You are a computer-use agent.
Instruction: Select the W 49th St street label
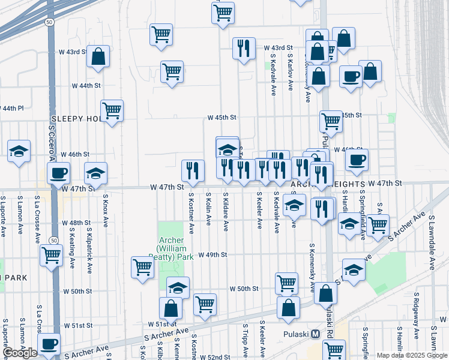click(213, 254)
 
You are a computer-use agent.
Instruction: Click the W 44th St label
click(86, 86)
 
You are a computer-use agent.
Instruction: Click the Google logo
click(20, 353)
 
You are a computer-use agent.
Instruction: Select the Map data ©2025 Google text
click(412, 355)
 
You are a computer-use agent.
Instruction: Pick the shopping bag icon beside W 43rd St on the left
click(98, 57)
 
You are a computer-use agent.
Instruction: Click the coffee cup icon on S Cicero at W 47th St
click(58, 173)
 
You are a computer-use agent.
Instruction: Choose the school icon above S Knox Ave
click(95, 173)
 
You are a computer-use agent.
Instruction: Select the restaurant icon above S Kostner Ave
click(193, 170)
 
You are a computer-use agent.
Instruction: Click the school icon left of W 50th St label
click(178, 287)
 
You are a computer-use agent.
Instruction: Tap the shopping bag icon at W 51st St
click(171, 308)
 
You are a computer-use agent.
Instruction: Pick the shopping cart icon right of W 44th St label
click(172, 72)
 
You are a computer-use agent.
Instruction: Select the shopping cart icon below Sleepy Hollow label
click(112, 110)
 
